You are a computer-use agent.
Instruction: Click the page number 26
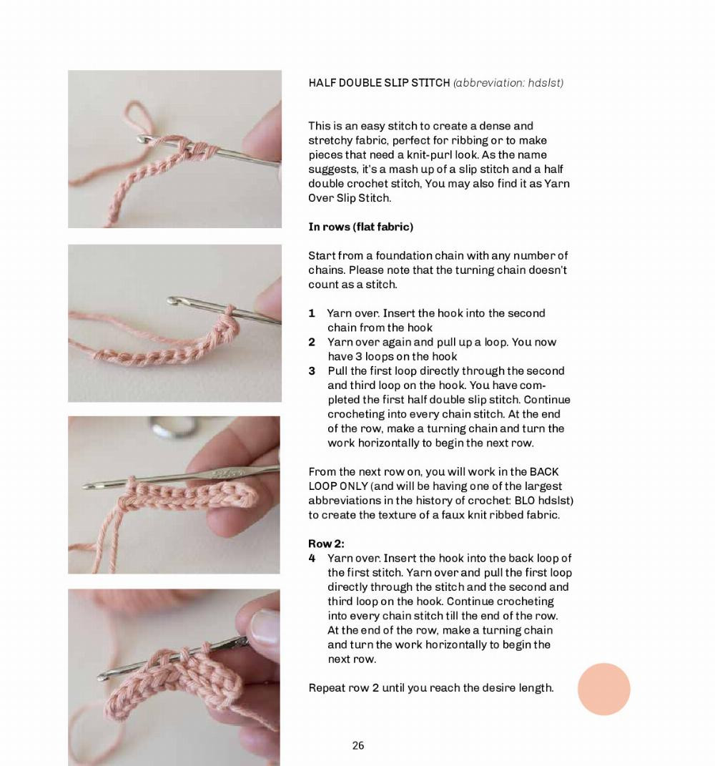pyautogui.click(x=358, y=745)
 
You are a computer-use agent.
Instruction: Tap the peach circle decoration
pyautogui.click(x=603, y=689)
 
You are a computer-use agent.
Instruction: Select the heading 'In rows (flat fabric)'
pyautogui.click(x=360, y=227)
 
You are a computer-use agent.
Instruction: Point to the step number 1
pyautogui.click(x=312, y=313)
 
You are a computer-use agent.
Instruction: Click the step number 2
pyautogui.click(x=312, y=342)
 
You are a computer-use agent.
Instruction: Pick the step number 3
pyautogui.click(x=312, y=370)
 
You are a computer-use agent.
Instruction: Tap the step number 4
pyautogui.click(x=312, y=558)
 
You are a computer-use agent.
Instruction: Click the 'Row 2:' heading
pyautogui.click(x=326, y=544)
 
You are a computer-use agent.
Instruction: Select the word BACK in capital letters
pyautogui.click(x=544, y=472)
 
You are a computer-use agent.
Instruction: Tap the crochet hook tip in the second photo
pyautogui.click(x=172, y=301)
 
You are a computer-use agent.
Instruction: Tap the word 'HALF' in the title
pyautogui.click(x=322, y=83)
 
